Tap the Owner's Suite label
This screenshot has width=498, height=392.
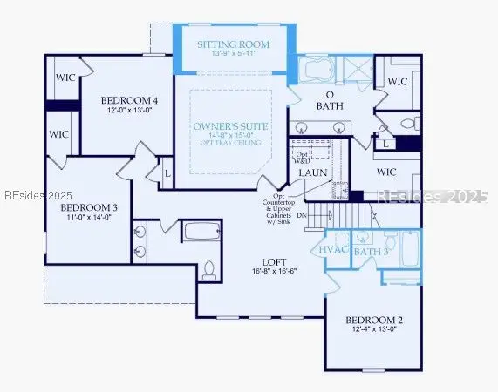[x=231, y=127]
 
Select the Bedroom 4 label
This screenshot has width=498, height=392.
[x=128, y=99]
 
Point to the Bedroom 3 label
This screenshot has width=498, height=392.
[x=88, y=208]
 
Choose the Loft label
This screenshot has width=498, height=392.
[x=276, y=261]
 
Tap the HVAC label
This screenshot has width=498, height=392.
[x=334, y=251]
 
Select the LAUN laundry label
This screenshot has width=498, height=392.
[x=312, y=172]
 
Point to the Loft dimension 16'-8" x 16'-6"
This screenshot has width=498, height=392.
[x=276, y=272]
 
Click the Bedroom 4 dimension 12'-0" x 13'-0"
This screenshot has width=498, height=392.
[x=128, y=110]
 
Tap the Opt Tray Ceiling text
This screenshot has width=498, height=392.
[x=231, y=145]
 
